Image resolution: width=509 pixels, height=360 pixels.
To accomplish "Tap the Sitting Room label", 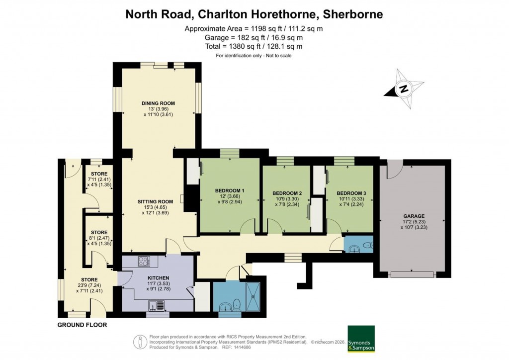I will coord(155,201).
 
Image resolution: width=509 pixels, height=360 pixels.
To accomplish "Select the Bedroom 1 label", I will coord(230,191).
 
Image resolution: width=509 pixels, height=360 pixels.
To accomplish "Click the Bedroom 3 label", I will coord(351,193).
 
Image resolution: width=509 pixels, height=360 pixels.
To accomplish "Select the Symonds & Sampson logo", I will coord(361,339).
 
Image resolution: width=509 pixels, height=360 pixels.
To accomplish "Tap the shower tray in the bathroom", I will coord(254,296).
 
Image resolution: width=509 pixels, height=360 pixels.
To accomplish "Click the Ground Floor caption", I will coord(82,325).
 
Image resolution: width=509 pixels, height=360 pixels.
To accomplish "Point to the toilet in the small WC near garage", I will coord(366,245).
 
